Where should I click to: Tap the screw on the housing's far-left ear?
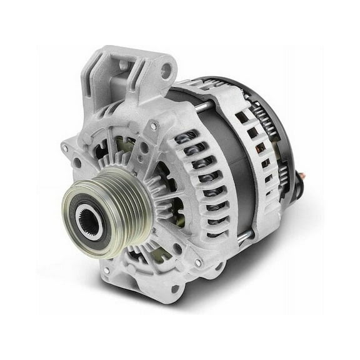65,148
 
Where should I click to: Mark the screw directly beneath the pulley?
107,270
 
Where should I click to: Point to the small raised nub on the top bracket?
122,64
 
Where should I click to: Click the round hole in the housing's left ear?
77,164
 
